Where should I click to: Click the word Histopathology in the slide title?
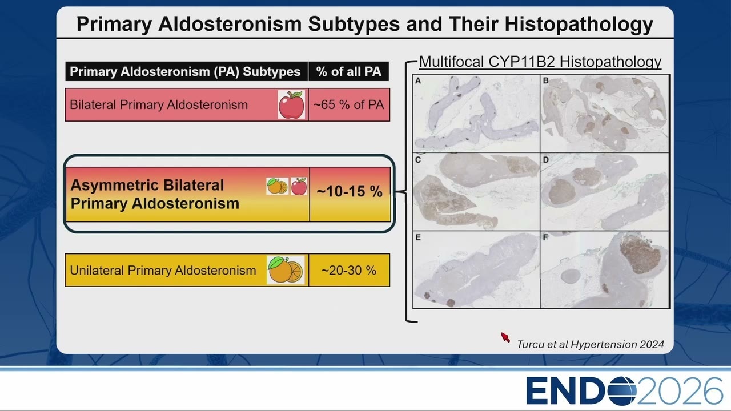579,24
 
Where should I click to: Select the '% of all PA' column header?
348,71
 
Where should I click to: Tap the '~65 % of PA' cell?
349,104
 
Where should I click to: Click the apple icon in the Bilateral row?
291,104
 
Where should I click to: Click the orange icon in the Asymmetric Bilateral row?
277,186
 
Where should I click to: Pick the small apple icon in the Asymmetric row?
299,186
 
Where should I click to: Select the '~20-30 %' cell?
349,270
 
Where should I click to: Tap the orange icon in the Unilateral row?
286,270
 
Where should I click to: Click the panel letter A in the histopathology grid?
418,81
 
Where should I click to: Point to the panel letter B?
545,80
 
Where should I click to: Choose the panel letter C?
418,160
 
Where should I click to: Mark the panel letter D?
545,160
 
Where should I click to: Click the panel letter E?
418,237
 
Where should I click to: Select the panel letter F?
545,237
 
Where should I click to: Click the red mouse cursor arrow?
505,337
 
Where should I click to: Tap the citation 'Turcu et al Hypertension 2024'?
591,344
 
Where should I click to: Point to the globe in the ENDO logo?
622,390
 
